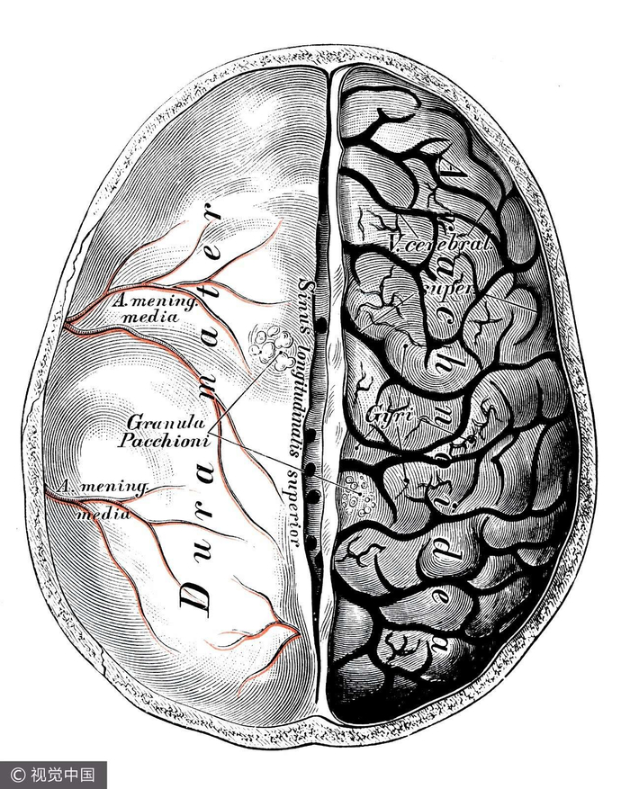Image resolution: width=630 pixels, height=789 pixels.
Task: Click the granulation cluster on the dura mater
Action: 267,344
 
